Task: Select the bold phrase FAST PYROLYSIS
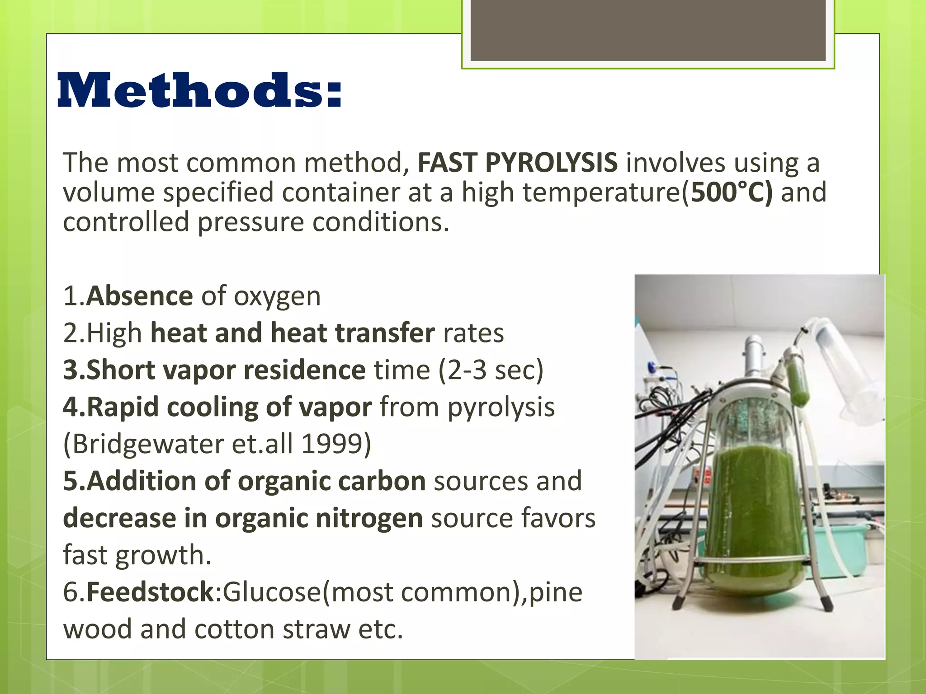(x=517, y=162)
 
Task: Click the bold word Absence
(x=140, y=296)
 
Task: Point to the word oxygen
(x=277, y=297)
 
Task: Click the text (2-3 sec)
(x=491, y=370)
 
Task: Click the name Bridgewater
(x=147, y=444)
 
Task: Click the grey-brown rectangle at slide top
(x=648, y=30)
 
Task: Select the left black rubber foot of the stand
(x=678, y=602)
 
